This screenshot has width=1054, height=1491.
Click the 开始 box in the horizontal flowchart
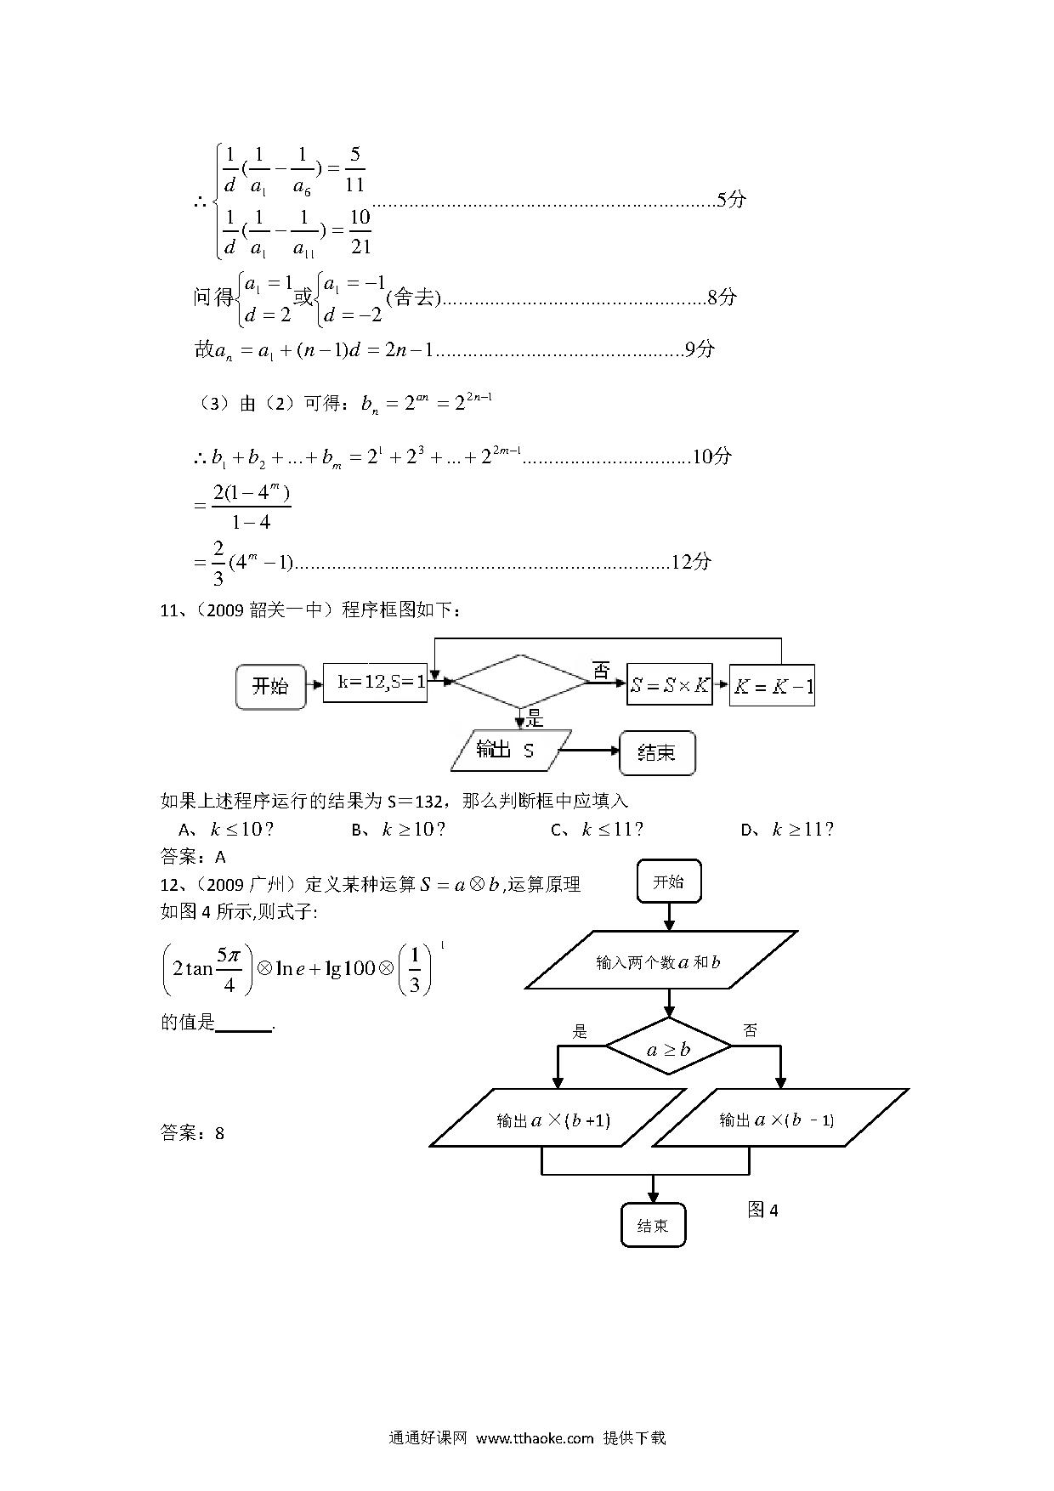[270, 686]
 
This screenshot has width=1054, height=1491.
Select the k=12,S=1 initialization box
[376, 683]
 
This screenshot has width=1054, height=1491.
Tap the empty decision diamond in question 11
[521, 681]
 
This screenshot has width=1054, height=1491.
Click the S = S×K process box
[669, 685]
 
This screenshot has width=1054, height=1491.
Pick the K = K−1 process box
[773, 685]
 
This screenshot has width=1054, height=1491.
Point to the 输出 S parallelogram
[511, 750]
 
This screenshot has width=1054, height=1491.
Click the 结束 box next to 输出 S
[657, 752]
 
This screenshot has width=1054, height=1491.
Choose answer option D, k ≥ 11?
[787, 829]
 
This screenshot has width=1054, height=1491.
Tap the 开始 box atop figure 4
[669, 882]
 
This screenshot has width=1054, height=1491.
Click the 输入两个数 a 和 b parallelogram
[661, 961]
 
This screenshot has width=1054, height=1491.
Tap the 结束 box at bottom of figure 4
[653, 1225]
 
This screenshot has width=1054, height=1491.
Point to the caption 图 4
[762, 1210]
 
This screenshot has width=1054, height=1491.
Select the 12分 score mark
[691, 562]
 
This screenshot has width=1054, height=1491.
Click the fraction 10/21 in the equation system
[360, 231]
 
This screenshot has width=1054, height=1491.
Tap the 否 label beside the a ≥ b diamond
[750, 1031]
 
